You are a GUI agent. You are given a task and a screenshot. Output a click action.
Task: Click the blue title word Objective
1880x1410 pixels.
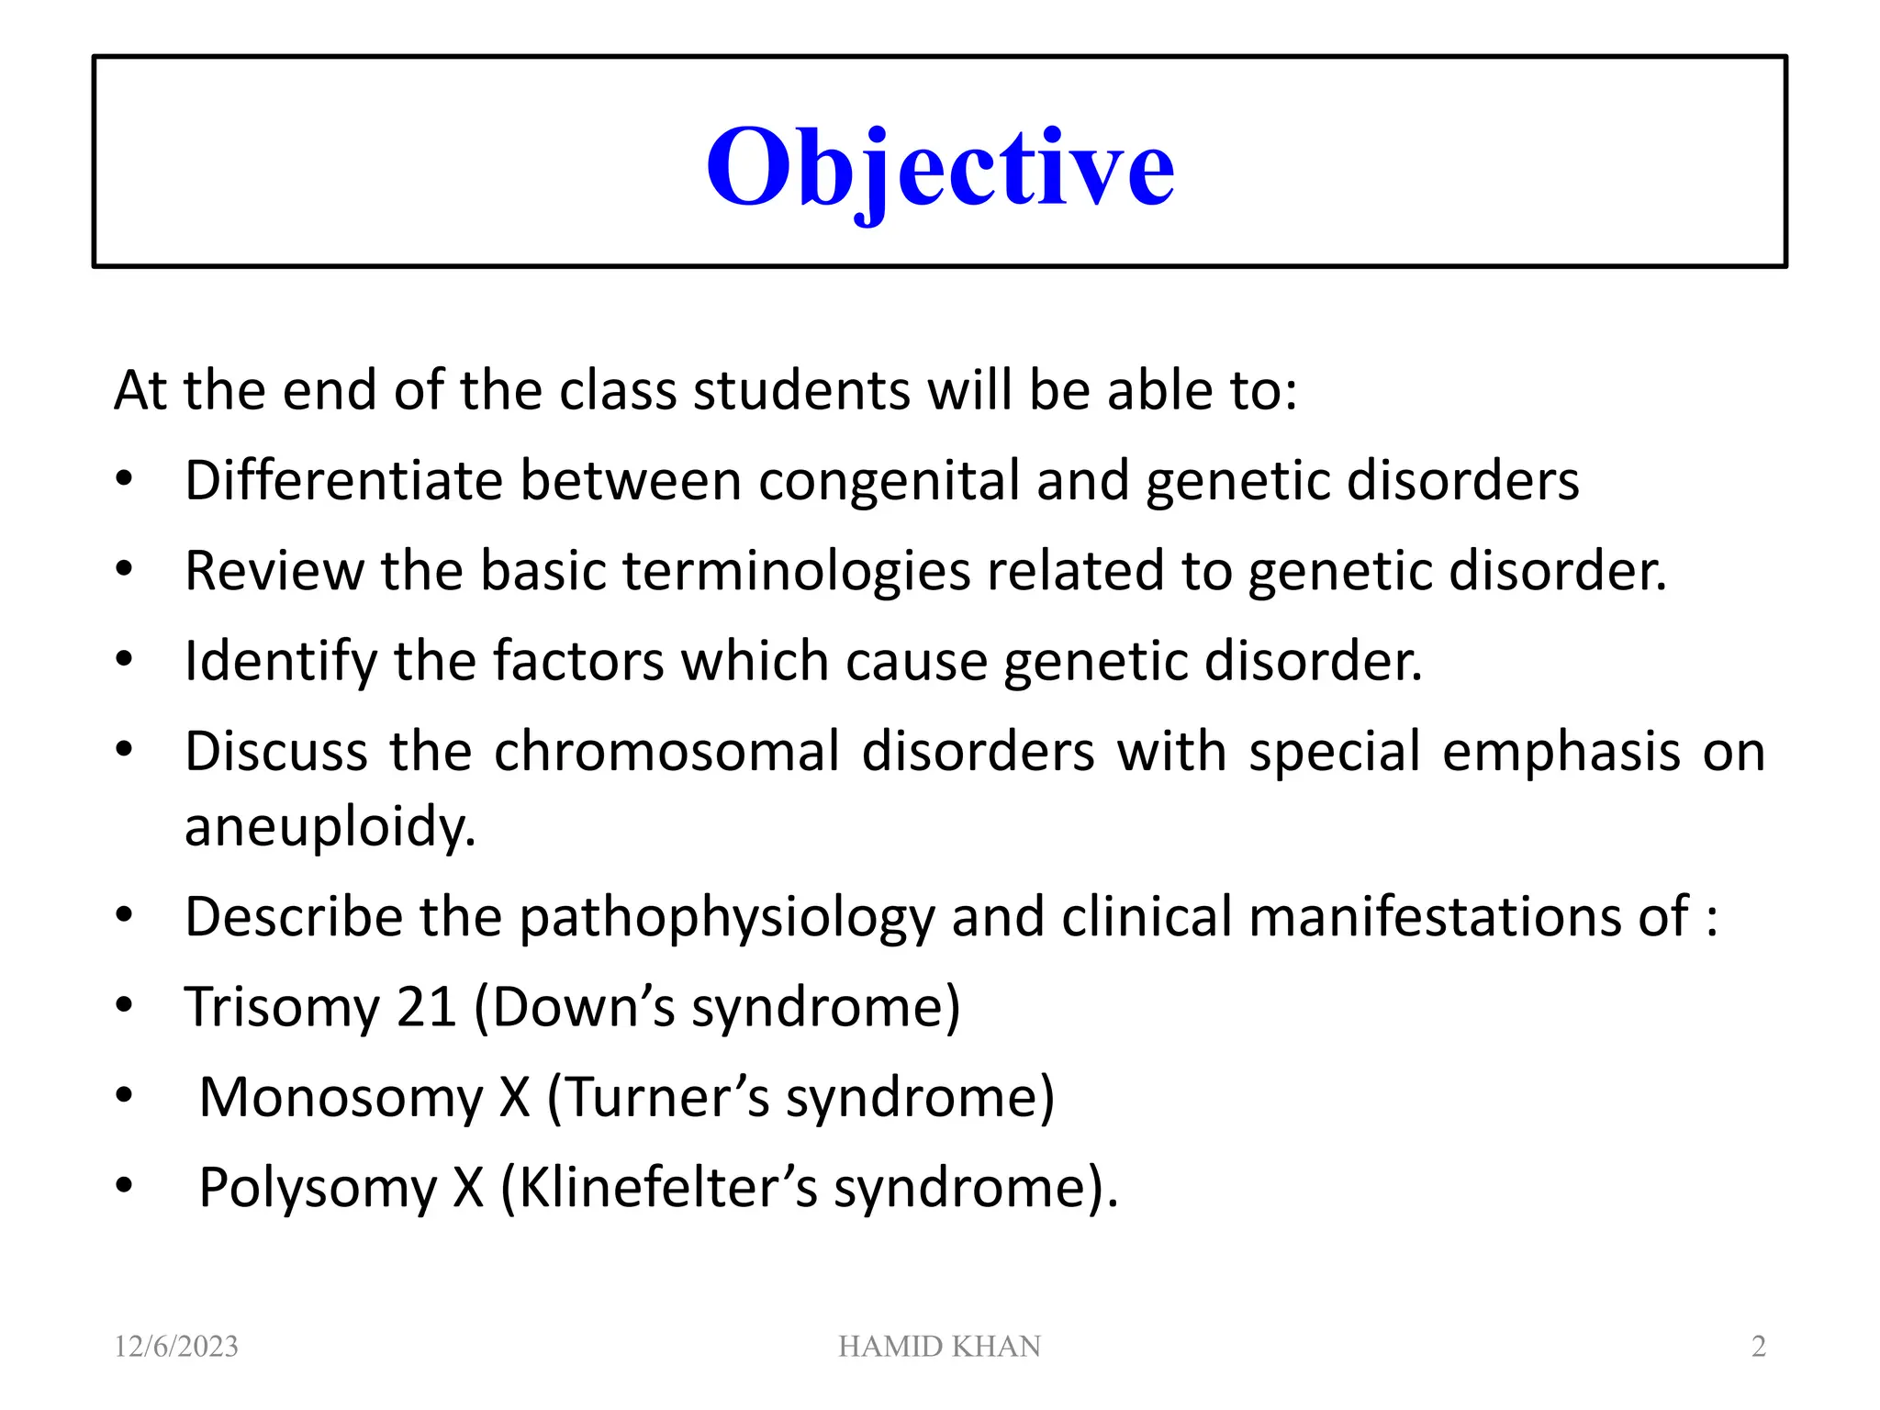(939, 167)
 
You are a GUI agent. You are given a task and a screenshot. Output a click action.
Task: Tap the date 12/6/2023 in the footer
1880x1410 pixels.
(176, 1346)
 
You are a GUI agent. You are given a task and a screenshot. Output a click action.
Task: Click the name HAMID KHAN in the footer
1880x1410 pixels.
(939, 1346)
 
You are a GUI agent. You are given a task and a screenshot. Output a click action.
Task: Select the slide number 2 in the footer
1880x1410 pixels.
(1758, 1346)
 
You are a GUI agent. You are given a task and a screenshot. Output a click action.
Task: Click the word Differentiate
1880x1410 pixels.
(343, 480)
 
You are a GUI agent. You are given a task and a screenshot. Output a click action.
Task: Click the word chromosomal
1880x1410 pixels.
(666, 751)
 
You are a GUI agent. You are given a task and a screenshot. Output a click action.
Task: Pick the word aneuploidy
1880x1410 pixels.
(330, 826)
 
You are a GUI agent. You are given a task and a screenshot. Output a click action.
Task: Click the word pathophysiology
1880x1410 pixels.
(726, 917)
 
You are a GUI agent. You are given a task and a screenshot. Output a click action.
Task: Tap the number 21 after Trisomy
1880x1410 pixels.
(426, 1007)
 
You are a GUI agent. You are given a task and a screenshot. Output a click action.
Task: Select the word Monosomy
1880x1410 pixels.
(341, 1097)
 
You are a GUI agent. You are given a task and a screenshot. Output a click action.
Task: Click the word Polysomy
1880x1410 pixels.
(318, 1187)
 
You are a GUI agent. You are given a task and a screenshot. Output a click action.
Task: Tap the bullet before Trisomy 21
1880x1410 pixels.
(124, 1005)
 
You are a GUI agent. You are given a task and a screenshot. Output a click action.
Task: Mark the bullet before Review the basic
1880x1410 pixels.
(124, 569)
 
